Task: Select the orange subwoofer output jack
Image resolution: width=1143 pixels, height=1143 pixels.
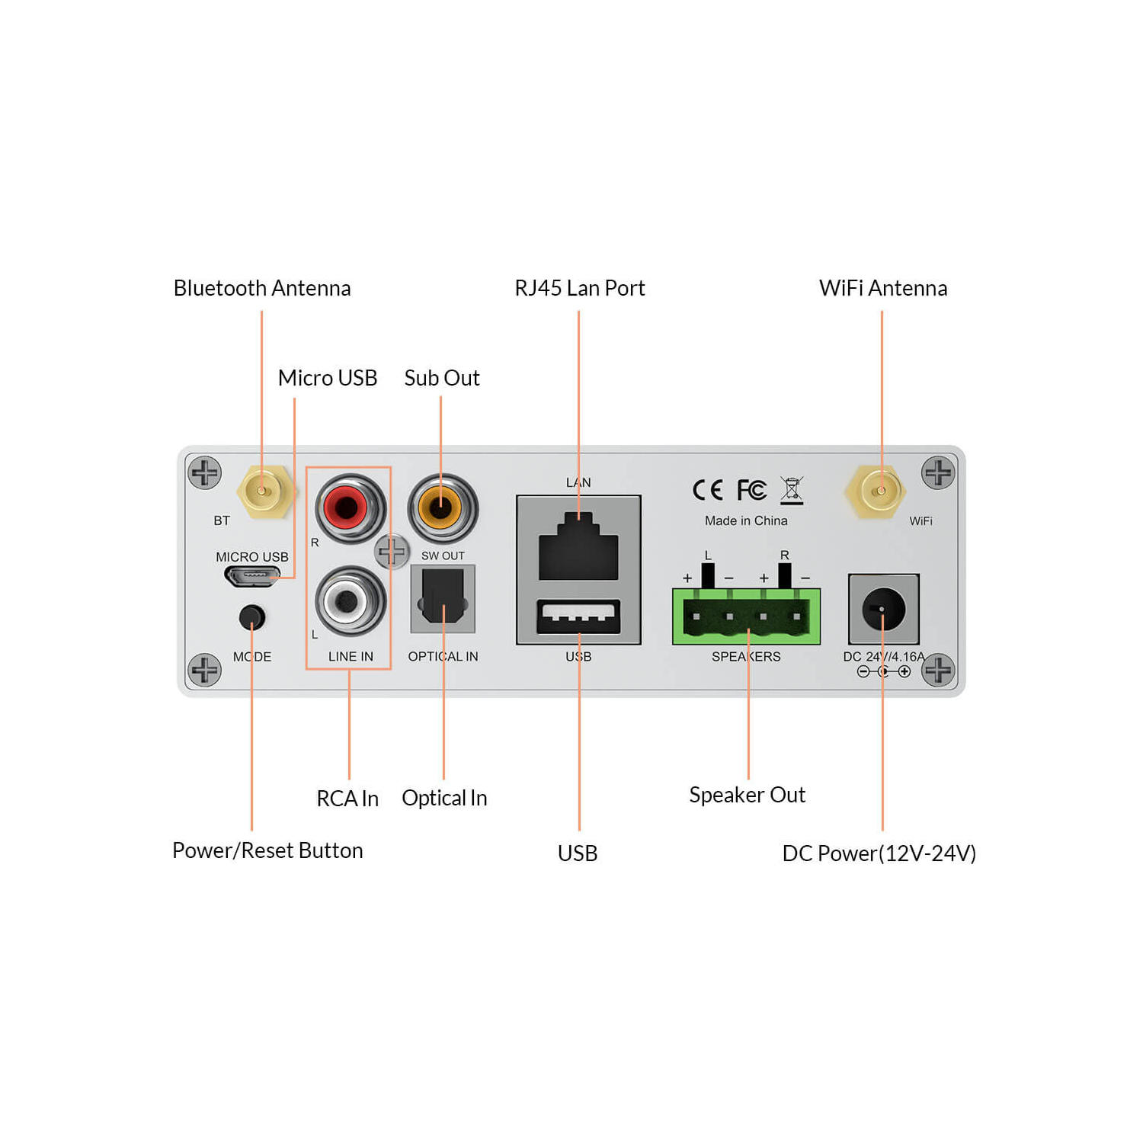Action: point(442,507)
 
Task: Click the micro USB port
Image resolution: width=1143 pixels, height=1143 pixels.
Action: point(251,577)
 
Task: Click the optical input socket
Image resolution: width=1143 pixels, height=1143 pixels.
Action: point(443,598)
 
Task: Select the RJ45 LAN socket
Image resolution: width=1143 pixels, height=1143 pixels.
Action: point(578,549)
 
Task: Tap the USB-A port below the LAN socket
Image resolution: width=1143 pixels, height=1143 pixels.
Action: point(578,616)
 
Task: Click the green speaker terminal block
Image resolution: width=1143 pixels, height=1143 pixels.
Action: point(746,616)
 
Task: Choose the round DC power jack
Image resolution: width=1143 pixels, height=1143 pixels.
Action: point(883,609)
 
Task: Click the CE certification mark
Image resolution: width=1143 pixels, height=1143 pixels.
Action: point(707,490)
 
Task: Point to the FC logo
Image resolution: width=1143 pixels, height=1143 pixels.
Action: point(751,490)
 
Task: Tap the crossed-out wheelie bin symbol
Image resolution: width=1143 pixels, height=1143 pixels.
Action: point(792,490)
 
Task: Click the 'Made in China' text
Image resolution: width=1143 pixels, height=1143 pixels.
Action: point(746,520)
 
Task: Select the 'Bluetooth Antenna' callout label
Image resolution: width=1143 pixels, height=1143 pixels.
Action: point(262,288)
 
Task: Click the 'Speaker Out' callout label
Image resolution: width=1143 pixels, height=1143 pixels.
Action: point(747,795)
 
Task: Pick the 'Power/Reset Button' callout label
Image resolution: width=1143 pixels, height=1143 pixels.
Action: point(267,850)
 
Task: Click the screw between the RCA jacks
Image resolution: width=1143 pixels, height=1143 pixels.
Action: point(392,551)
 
